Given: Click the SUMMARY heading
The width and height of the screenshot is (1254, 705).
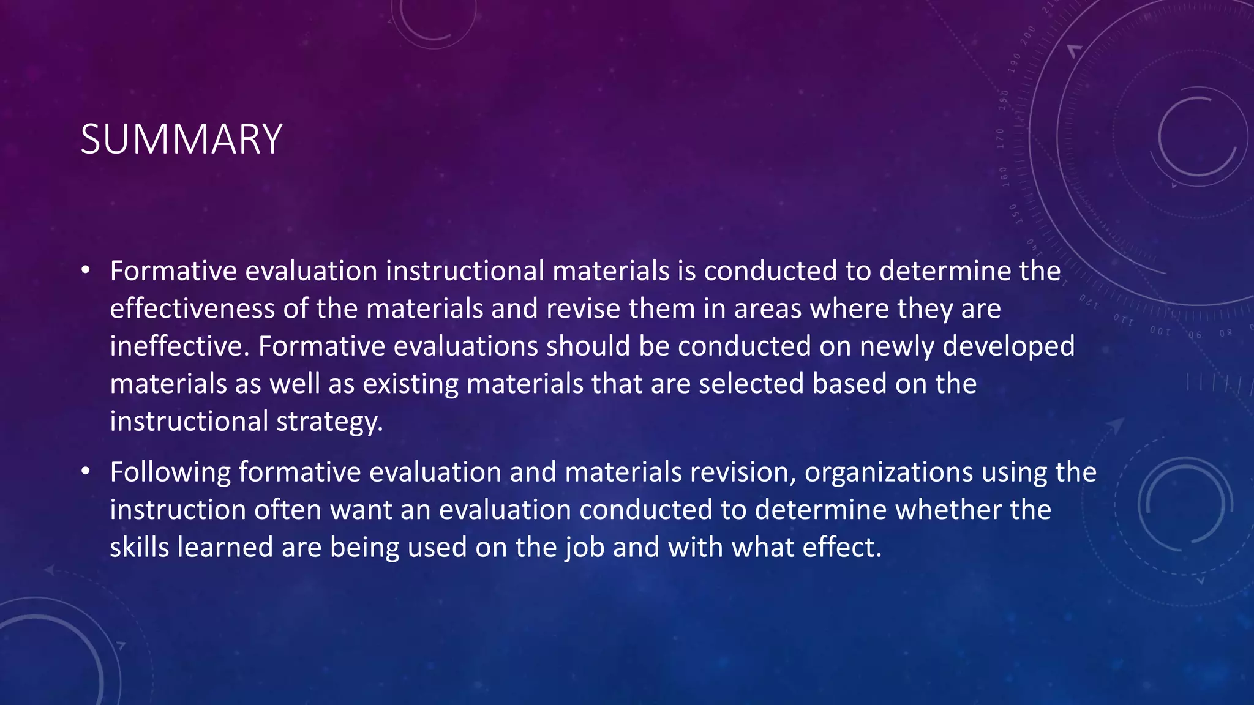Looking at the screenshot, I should point(181,140).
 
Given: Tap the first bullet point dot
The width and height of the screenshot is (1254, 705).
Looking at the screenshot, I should point(86,270).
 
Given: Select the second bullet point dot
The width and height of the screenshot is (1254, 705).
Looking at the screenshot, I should point(86,471).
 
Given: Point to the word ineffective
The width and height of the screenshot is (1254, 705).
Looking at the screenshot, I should point(180,346).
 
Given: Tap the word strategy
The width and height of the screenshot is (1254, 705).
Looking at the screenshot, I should point(329,422).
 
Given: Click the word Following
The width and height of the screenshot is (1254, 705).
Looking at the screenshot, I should point(170,472).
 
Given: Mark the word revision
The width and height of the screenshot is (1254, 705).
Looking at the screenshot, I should point(743,472).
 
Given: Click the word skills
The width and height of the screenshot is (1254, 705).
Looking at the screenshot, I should point(139,547).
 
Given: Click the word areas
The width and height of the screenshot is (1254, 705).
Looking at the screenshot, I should point(768,308).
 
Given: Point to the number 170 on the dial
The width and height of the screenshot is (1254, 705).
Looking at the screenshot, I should point(1001,138).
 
